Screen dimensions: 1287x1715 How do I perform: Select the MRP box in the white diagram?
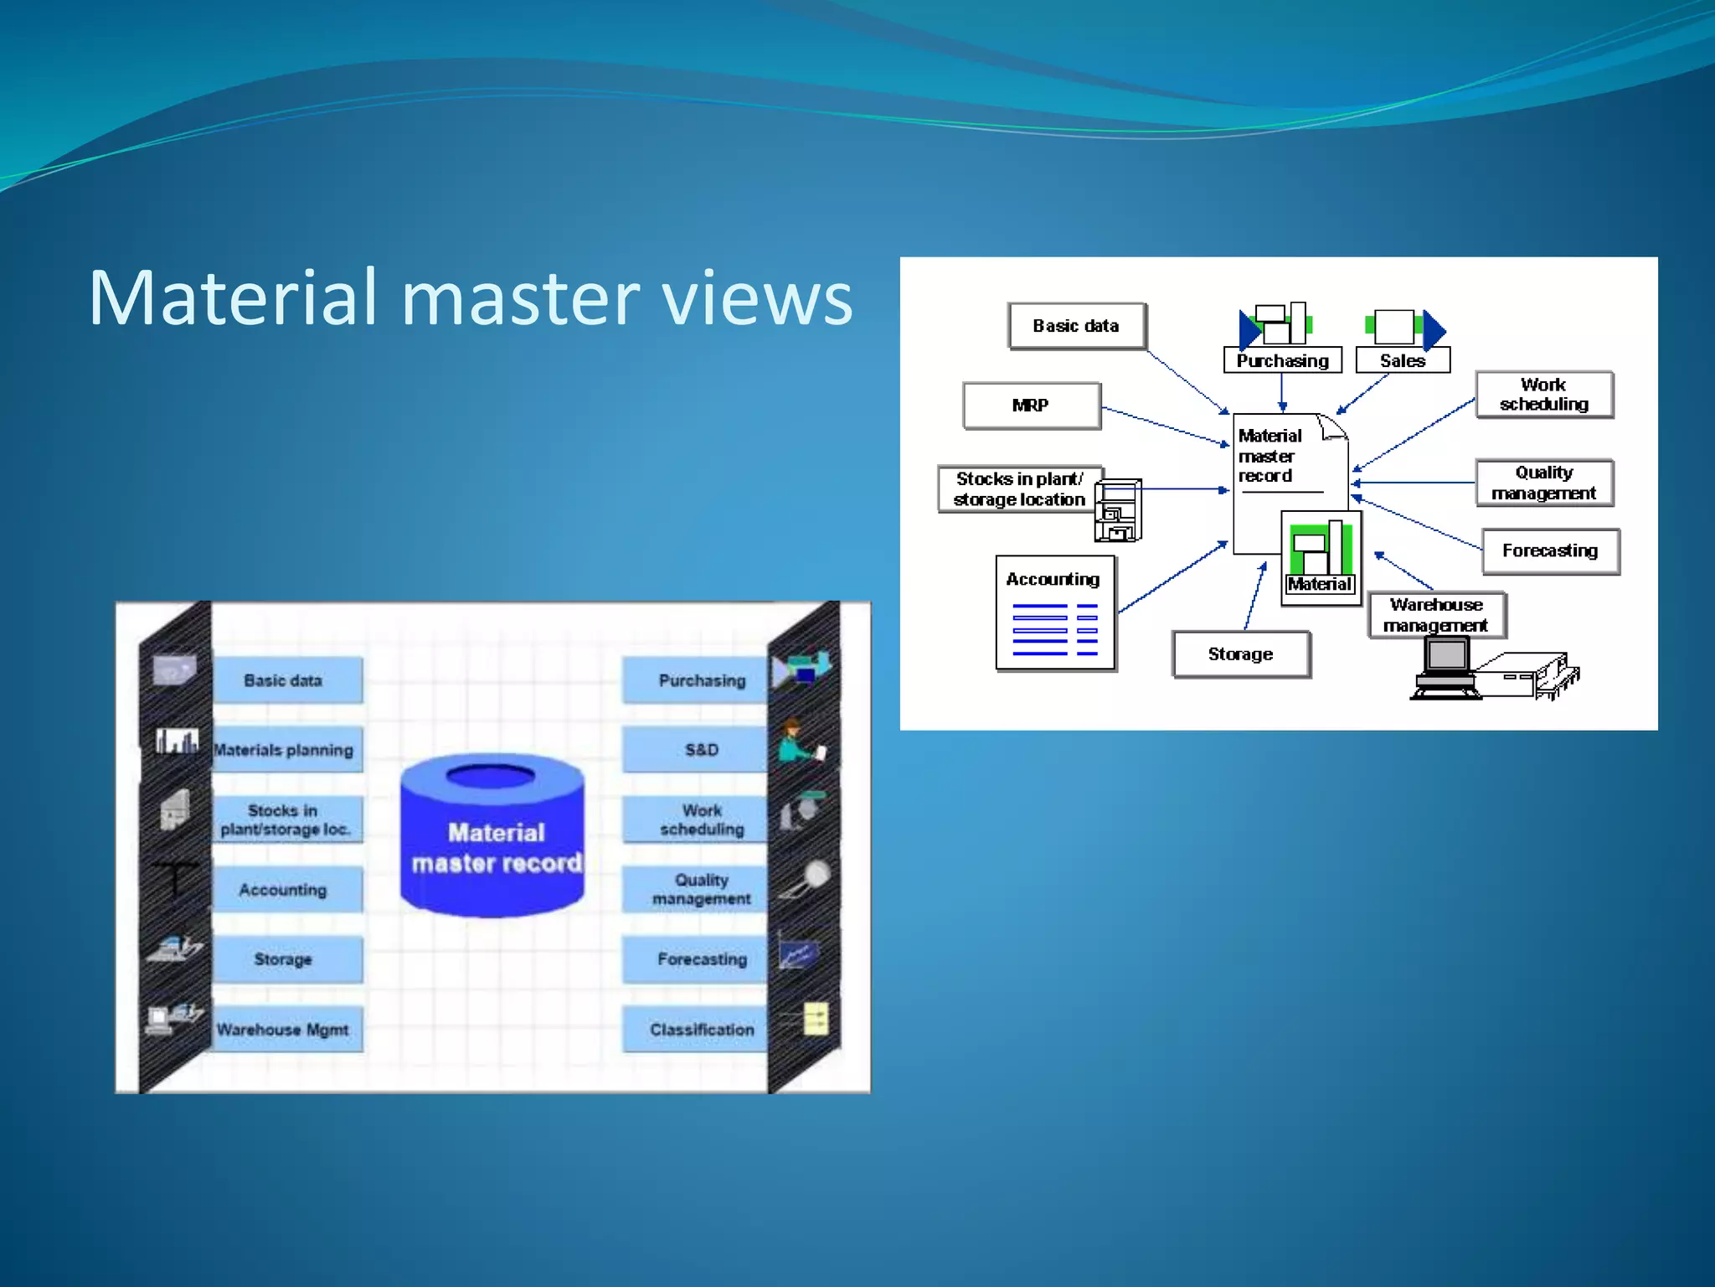coord(1031,406)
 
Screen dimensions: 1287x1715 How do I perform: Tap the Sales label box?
coord(1403,361)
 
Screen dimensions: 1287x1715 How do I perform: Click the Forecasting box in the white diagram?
coord(1550,550)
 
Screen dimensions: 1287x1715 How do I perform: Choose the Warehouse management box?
coord(1436,615)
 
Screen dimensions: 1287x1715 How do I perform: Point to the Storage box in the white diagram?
coord(1240,654)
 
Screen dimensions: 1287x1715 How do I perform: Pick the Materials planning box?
coord(285,750)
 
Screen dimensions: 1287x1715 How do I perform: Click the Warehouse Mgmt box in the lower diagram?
coord(285,1030)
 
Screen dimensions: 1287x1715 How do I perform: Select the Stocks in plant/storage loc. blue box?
coord(285,819)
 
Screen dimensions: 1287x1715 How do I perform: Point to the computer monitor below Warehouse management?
coord(1447,657)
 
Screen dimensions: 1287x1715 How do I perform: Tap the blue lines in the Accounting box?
coord(1054,629)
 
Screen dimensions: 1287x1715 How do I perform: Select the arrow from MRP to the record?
coord(1164,426)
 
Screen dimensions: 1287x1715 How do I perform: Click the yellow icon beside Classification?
coord(815,1019)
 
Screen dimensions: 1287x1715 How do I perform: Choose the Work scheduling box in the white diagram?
coord(1543,395)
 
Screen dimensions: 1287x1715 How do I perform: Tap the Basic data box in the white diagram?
coord(1076,326)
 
